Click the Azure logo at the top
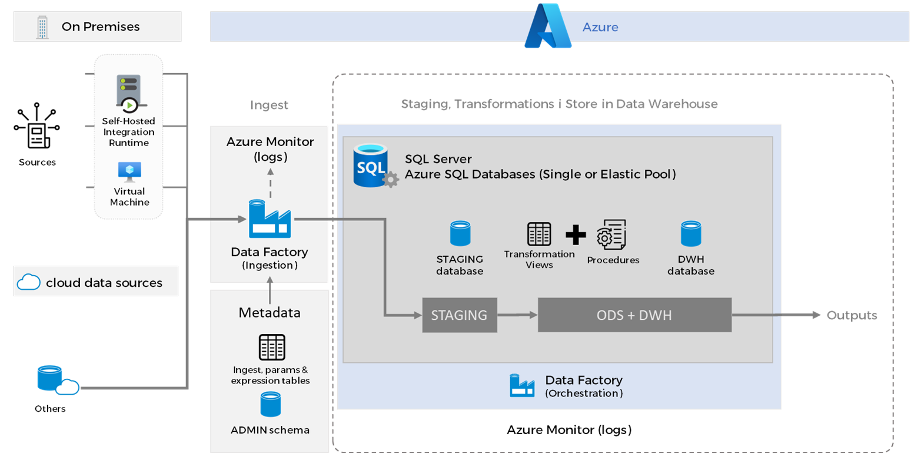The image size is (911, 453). coord(548,27)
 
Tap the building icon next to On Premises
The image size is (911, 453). coord(42,27)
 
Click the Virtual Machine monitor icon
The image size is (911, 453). coord(129,171)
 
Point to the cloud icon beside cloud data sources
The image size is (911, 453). coord(28,283)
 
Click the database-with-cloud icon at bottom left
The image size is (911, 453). coord(56,379)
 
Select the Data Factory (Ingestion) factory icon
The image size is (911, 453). coord(270,219)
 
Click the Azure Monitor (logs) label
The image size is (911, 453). coord(270,149)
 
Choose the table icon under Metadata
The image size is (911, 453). coord(272,347)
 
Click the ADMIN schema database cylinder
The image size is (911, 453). coord(271,405)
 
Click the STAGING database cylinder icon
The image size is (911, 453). coord(460,233)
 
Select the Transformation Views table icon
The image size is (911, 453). coord(538,234)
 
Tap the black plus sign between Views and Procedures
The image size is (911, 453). coord(575,234)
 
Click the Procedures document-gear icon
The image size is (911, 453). coord(611,235)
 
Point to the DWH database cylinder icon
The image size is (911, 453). coord(691,233)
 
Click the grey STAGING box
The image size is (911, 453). coord(459,315)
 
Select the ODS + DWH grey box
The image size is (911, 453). coord(634,315)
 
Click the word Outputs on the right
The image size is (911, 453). coord(852,315)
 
